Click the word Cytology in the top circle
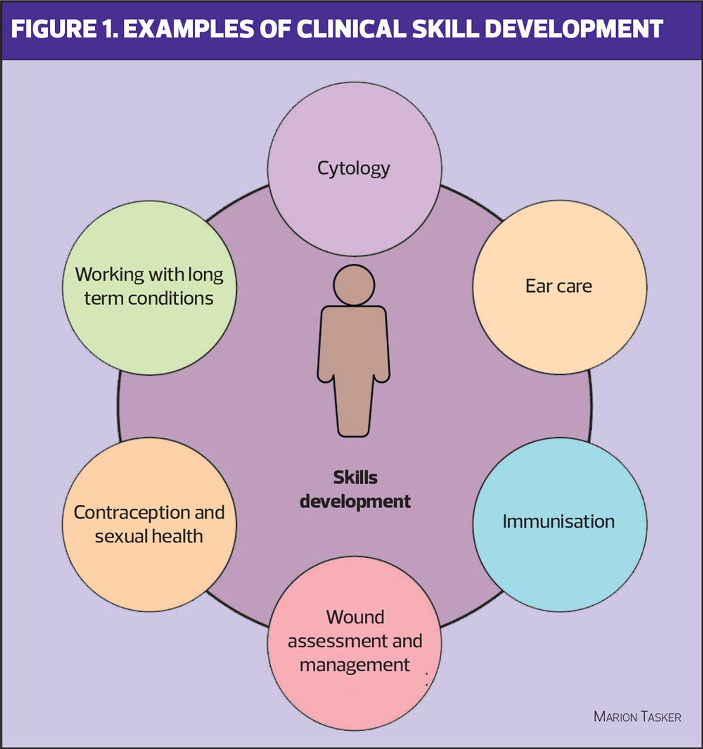(x=353, y=169)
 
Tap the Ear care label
(x=559, y=286)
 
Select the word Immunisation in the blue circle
(x=559, y=522)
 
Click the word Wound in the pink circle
(x=355, y=617)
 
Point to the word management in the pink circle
(x=354, y=665)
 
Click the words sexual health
(x=149, y=537)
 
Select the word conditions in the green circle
(x=170, y=299)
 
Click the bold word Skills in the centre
(x=355, y=478)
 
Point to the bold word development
(x=355, y=502)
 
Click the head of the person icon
(x=354, y=285)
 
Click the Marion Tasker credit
(x=637, y=717)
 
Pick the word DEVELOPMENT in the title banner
(x=574, y=29)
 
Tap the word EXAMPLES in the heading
(x=188, y=29)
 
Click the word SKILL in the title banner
(x=445, y=29)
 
